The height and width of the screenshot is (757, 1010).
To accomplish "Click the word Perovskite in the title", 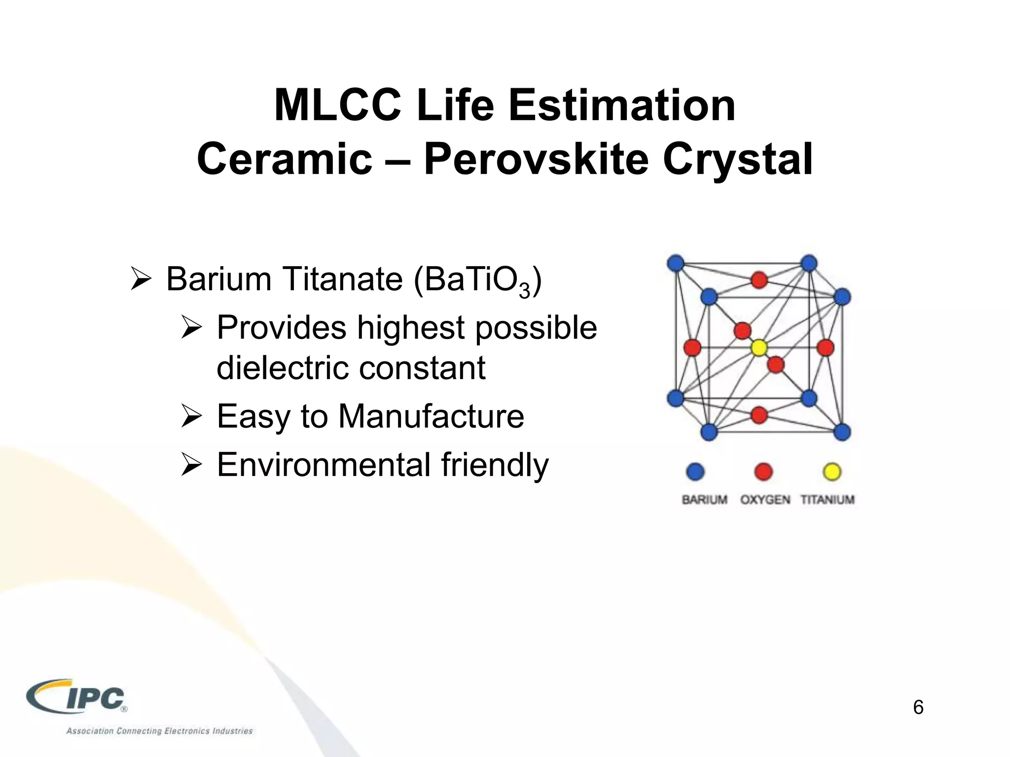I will click(535, 159).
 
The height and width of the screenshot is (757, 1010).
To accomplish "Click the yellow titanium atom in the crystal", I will click(759, 348).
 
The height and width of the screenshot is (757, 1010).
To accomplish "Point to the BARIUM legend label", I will click(704, 500).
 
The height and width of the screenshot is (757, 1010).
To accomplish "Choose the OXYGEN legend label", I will click(765, 500).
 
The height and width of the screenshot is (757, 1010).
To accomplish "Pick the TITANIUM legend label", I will click(827, 500).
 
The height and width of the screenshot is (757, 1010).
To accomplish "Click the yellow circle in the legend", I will click(832, 472).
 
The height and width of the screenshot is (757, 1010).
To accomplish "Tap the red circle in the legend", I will click(763, 472).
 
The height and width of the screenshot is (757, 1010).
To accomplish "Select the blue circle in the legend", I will click(695, 472).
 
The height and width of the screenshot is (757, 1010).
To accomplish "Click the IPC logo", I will click(78, 697).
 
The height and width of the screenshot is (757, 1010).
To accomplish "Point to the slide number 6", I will click(918, 707).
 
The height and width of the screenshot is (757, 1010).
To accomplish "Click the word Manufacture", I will click(431, 416).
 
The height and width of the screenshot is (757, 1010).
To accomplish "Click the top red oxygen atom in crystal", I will click(759, 280).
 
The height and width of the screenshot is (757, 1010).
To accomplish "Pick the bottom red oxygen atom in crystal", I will click(759, 414).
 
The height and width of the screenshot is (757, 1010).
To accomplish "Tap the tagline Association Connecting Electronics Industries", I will click(159, 731).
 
